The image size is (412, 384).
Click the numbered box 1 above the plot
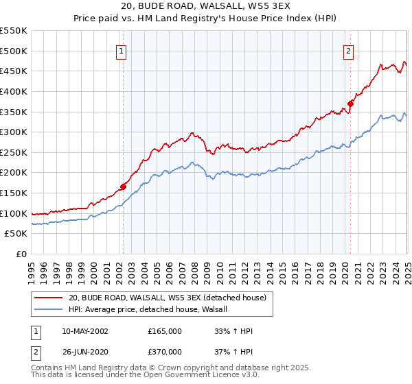[x=121, y=51]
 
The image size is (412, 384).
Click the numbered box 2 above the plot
[x=349, y=51]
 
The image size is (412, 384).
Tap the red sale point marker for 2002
[x=124, y=186]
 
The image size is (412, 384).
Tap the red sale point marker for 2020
[x=350, y=103]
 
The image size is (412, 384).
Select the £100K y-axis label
[x=14, y=213]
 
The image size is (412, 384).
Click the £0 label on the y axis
[x=21, y=254]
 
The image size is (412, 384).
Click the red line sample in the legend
[x=49, y=298]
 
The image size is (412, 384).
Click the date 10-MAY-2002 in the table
[x=84, y=331]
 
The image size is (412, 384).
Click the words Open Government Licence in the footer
[x=179, y=376]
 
